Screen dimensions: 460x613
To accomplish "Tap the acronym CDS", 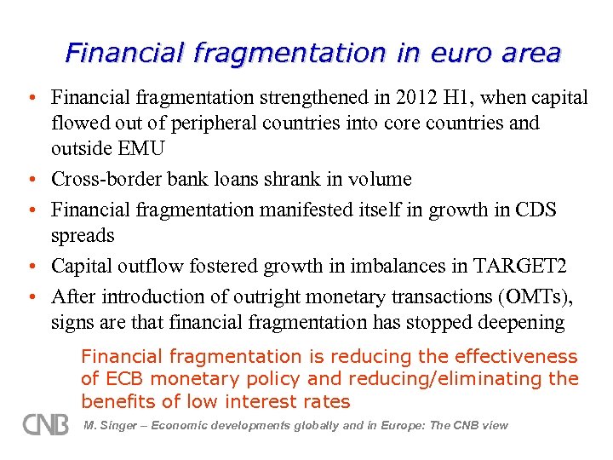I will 536,210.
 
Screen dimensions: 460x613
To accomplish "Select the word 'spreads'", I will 83,234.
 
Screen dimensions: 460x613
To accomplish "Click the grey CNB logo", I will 45,424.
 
